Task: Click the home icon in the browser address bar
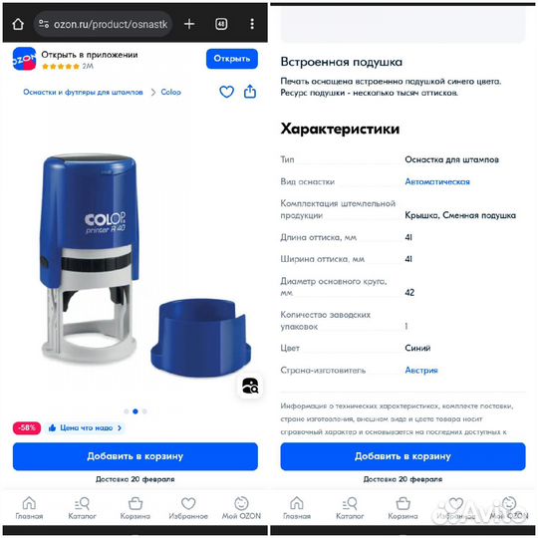click(x=18, y=23)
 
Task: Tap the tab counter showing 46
click(x=220, y=23)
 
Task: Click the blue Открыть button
click(x=231, y=59)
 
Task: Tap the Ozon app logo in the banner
click(x=24, y=59)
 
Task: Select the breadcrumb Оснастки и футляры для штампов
click(x=84, y=92)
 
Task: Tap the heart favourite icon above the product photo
click(x=226, y=92)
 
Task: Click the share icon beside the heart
click(x=249, y=92)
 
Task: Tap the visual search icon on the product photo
click(x=250, y=386)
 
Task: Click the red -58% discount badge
click(x=27, y=427)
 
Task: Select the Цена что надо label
click(x=86, y=427)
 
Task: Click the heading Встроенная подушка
click(x=341, y=62)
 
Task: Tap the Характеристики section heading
click(x=340, y=129)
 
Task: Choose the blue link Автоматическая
click(x=436, y=181)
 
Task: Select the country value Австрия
click(x=420, y=370)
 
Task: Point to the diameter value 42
click(x=409, y=292)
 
